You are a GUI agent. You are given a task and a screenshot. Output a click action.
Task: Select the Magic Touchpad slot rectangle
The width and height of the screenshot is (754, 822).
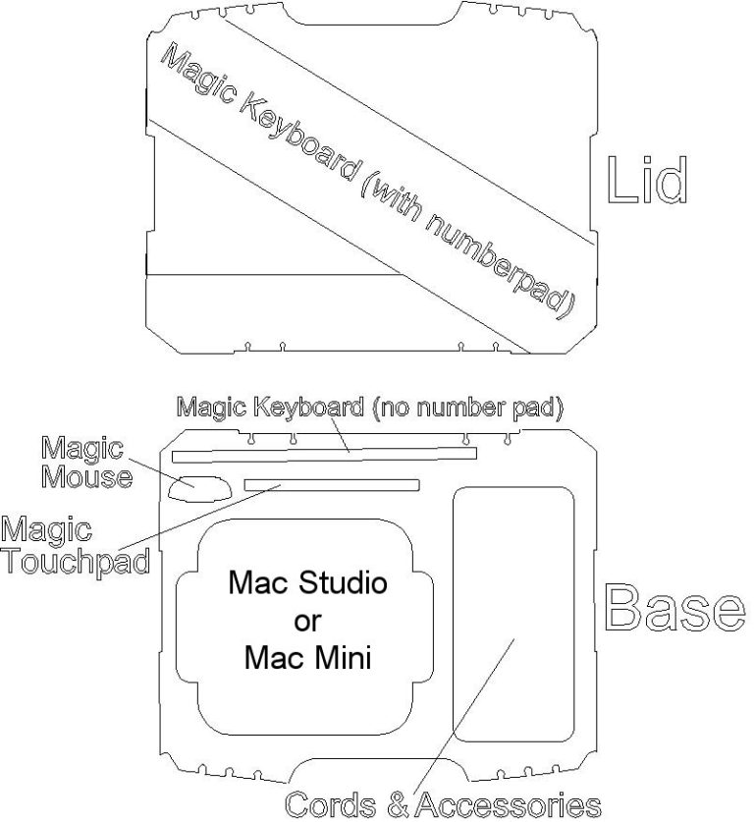pos(332,484)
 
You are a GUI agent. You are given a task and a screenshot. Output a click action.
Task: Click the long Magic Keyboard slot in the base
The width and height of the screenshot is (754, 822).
pos(324,455)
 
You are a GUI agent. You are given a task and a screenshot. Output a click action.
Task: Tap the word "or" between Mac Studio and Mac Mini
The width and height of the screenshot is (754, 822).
pos(307,621)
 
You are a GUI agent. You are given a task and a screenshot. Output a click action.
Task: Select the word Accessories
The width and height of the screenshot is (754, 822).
pos(507,805)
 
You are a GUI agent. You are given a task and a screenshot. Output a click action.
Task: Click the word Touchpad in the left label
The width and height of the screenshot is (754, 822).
pos(75,562)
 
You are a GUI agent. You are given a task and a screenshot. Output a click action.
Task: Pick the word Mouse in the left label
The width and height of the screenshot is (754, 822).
pos(86,477)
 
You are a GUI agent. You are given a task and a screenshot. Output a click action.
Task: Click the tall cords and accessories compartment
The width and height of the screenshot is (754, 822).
pos(512,614)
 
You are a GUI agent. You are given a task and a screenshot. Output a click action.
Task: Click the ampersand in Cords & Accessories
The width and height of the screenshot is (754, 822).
pos(397,805)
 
